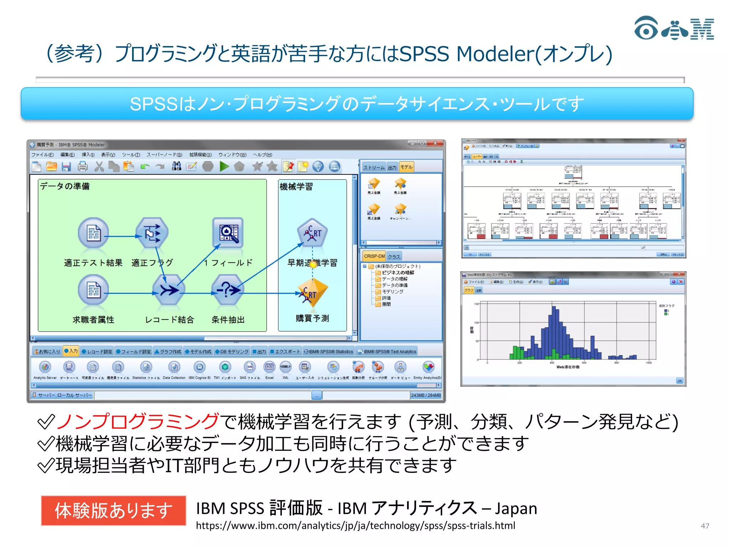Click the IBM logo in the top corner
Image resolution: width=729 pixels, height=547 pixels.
click(674, 28)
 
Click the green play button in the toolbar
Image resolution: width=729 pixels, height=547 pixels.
click(224, 166)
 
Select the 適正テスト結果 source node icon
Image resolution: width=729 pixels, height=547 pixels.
click(93, 233)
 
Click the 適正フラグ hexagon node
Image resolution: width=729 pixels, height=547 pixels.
click(152, 233)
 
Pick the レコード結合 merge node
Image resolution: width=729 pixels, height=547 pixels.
click(168, 290)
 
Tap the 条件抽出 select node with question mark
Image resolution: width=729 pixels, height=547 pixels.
click(228, 290)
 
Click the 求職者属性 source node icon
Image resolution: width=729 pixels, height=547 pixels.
click(93, 290)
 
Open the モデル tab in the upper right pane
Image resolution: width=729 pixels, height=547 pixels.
click(406, 167)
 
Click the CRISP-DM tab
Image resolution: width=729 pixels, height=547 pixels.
click(374, 256)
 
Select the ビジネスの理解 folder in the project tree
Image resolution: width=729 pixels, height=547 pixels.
click(398, 272)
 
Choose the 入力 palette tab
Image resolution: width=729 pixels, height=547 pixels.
click(71, 351)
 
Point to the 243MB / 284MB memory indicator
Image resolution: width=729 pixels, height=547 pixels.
click(426, 395)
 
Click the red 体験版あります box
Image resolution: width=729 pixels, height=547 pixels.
click(114, 510)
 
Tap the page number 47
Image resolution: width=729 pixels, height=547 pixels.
click(705, 526)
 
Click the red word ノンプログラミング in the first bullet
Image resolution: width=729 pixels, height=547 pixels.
click(137, 422)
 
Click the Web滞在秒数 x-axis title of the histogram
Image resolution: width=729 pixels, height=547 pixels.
click(568, 367)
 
